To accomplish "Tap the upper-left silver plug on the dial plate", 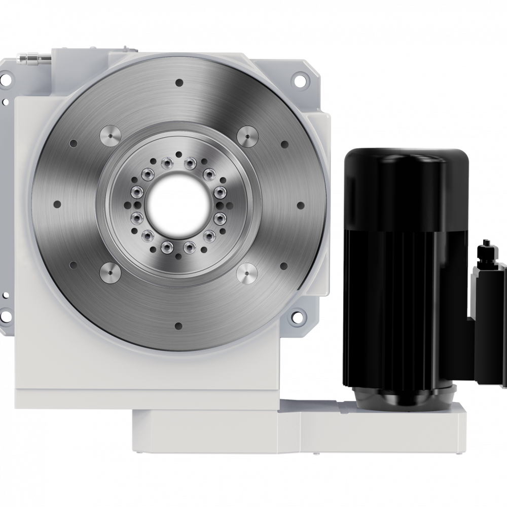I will tap(110, 136).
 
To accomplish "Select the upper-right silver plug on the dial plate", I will tap(247, 136).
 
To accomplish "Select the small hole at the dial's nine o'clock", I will tap(57, 204).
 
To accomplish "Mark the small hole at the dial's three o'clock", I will tap(300, 205).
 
